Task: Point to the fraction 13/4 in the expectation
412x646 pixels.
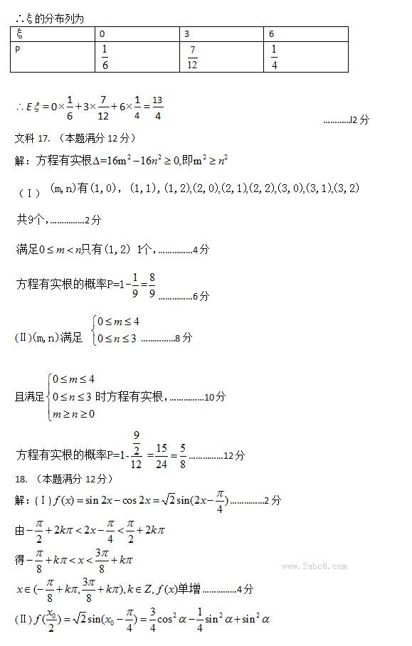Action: pos(157,107)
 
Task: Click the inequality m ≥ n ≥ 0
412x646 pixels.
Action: pos(75,414)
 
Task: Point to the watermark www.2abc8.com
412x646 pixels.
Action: pos(315,566)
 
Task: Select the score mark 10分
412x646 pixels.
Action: pos(215,396)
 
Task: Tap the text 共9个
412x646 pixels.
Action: pos(31,219)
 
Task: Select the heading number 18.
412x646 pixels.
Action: pos(21,477)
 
